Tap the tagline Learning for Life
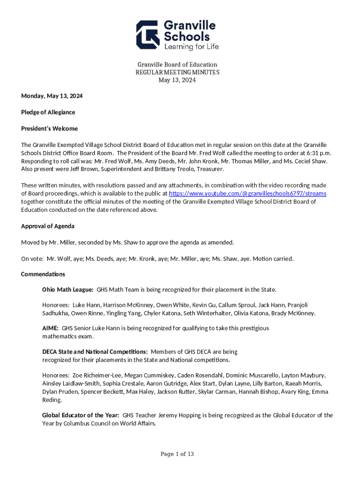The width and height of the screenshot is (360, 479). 191,46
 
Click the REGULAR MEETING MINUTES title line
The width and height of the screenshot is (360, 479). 177,73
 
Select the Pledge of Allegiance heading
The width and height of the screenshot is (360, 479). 48,112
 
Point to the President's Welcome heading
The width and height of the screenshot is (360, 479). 50,129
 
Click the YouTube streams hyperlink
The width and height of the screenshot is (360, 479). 247,194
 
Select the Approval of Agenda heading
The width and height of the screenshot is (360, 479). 48,226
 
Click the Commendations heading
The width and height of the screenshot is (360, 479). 43,274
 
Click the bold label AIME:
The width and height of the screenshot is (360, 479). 50,328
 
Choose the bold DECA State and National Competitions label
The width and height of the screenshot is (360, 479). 95,352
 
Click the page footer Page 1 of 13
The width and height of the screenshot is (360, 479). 177,454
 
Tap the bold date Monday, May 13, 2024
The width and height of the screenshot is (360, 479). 52,96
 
